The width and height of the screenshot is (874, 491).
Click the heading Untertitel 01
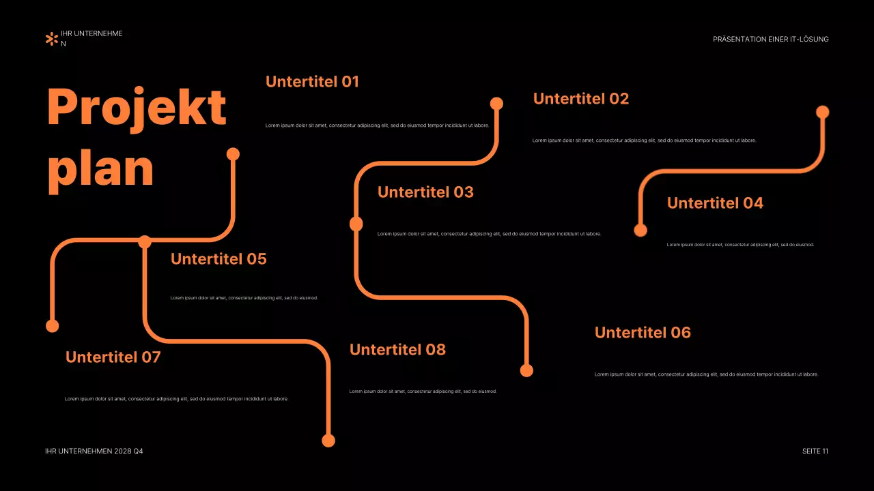point(312,82)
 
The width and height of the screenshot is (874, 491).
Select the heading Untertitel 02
point(580,99)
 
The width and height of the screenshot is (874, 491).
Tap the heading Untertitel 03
point(425,192)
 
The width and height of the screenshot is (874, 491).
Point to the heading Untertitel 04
point(715,203)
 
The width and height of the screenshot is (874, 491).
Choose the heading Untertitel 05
point(218,259)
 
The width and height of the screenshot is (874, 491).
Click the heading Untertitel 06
point(643,333)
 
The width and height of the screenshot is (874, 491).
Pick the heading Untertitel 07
point(113,357)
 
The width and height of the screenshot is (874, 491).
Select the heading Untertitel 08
point(397,350)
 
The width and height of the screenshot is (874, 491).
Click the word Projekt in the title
point(137,108)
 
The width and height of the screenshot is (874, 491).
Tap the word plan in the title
point(100,168)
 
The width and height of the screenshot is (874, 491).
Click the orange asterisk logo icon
point(51,39)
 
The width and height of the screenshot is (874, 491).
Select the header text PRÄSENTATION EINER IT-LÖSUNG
point(770,40)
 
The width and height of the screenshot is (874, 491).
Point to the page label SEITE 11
point(815,451)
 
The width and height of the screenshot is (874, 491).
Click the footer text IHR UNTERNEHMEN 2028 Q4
point(94,451)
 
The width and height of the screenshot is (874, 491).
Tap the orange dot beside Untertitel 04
point(640,230)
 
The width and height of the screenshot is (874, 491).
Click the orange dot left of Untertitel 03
point(356,224)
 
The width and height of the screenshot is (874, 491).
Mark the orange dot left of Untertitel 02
point(497,104)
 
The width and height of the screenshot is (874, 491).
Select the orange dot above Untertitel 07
point(53,326)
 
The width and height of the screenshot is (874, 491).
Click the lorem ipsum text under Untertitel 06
point(706,374)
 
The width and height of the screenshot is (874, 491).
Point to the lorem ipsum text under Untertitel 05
point(244,298)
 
